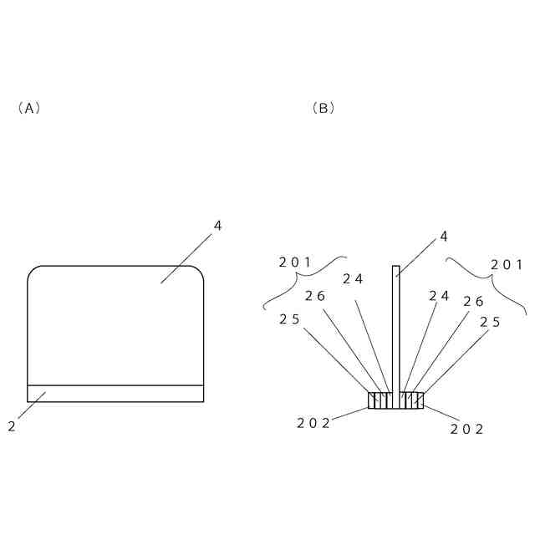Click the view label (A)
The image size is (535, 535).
pyautogui.click(x=28, y=108)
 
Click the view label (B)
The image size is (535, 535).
pyautogui.click(x=323, y=108)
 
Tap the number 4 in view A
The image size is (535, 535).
pyautogui.click(x=217, y=226)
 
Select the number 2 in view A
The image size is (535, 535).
pyautogui.click(x=12, y=426)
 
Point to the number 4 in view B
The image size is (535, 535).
pyautogui.click(x=443, y=237)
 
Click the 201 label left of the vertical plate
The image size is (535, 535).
pyautogui.click(x=294, y=262)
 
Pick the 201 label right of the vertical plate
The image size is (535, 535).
pyautogui.click(x=507, y=265)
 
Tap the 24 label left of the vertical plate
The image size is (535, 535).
pyautogui.click(x=352, y=279)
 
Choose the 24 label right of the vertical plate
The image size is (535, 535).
pyautogui.click(x=439, y=296)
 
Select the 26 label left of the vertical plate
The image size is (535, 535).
pyautogui.click(x=314, y=296)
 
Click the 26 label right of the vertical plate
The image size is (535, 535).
pyautogui.click(x=473, y=302)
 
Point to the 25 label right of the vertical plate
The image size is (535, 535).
pyautogui.click(x=491, y=322)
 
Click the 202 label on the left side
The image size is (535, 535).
pyautogui.click(x=313, y=423)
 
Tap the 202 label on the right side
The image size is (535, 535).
pyautogui.click(x=467, y=429)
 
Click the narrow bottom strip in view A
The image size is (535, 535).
pyautogui.click(x=115, y=394)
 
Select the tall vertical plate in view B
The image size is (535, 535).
pyautogui.click(x=396, y=326)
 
